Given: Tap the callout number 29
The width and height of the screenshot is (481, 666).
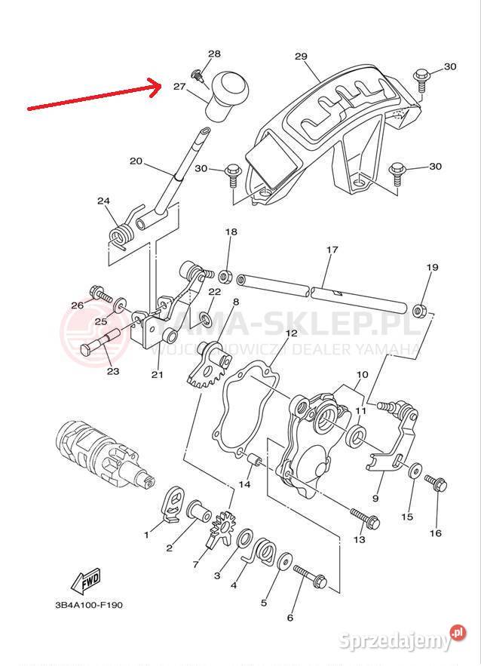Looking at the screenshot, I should pos(302,57).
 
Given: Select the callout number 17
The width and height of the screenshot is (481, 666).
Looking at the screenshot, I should pos(332,250).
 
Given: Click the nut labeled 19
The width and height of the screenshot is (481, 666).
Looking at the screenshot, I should pos(421,308).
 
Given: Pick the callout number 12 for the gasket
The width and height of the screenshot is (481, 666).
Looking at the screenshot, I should pos(291,333).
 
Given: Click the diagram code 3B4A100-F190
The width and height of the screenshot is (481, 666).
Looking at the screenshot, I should pos(88,604).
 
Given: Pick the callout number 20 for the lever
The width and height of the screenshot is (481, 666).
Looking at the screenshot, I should pos(136,161).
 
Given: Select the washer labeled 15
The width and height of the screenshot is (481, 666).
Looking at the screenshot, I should pos(415,471).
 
